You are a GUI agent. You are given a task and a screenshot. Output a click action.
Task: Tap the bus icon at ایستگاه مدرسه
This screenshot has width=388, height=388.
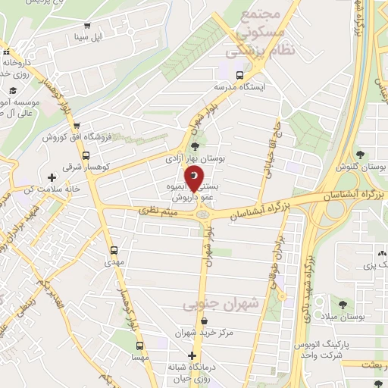239,75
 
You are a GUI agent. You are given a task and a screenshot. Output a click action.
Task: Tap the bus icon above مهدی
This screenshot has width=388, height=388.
114,249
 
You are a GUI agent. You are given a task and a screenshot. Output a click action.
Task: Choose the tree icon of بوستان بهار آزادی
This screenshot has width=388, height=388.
196,147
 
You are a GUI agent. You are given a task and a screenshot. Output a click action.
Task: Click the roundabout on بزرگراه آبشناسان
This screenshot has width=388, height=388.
204,214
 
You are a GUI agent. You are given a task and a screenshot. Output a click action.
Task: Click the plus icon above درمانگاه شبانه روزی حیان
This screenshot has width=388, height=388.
192,355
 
